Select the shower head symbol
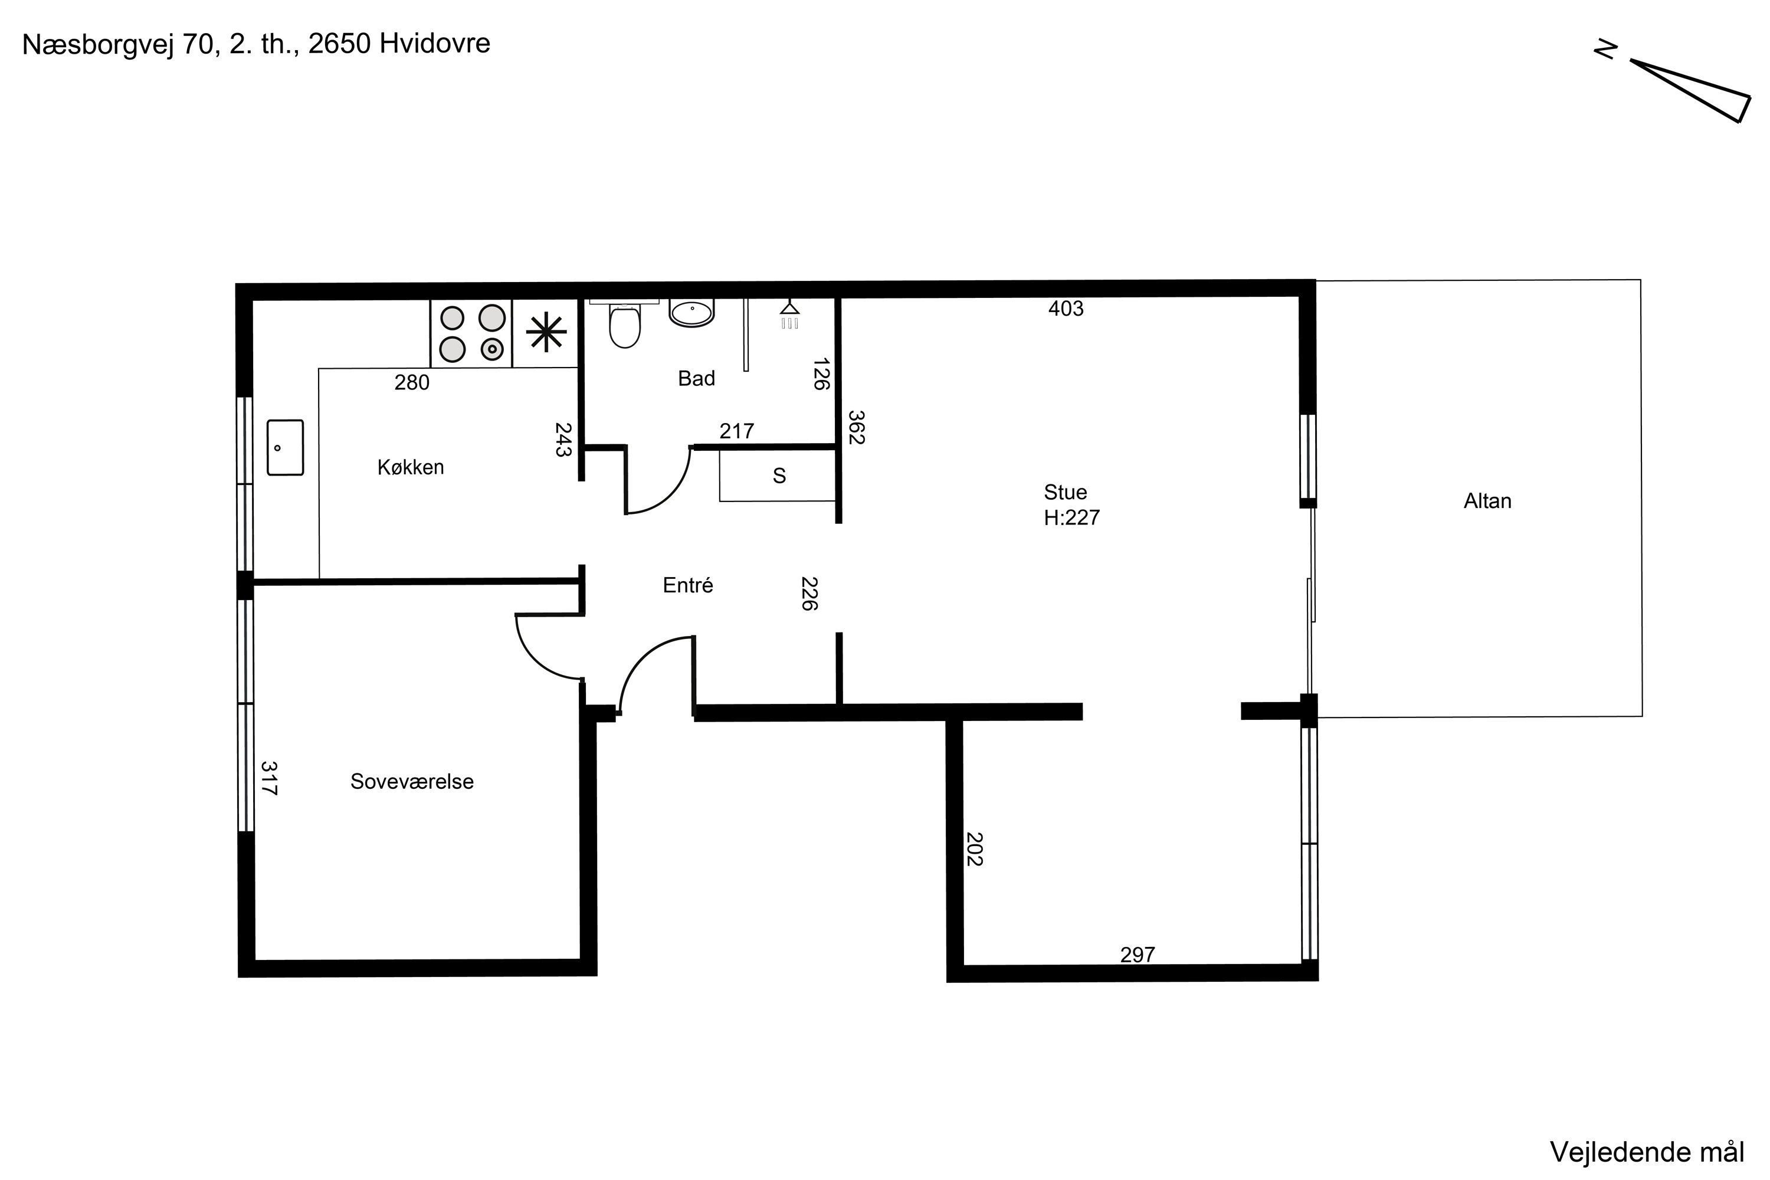[789, 314]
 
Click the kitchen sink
[285, 448]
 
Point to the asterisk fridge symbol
[546, 333]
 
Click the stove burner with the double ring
[492, 349]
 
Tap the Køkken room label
[411, 467]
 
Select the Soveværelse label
[412, 781]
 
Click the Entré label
[688, 585]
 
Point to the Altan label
[1487, 500]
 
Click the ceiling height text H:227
[1071, 518]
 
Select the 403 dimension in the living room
[1066, 309]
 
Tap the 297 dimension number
[1137, 955]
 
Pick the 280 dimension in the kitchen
[412, 383]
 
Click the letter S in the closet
[779, 476]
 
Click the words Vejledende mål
[1647, 1152]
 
